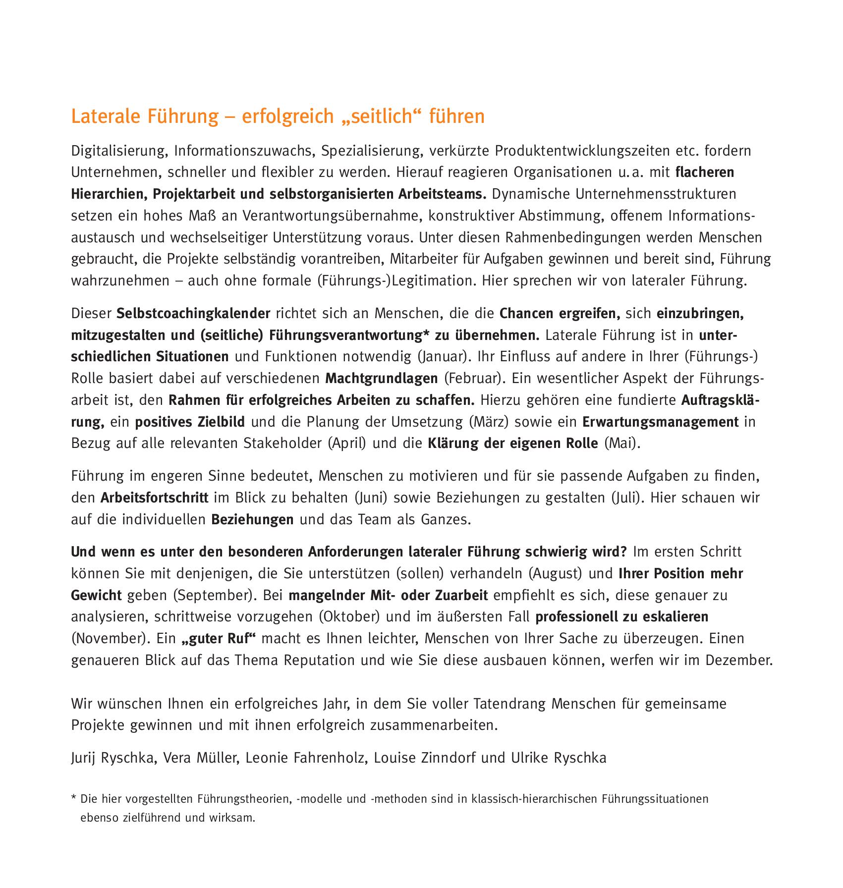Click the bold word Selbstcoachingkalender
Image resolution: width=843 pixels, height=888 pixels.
[x=193, y=314]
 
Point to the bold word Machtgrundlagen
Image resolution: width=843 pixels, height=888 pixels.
[x=382, y=379]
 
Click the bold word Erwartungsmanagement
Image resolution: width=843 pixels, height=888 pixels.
[x=660, y=422]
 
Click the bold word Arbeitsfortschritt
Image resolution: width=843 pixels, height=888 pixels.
[x=154, y=498]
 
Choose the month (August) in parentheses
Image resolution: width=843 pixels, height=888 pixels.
[x=555, y=574]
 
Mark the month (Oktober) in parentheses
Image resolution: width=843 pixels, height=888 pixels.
[x=350, y=617]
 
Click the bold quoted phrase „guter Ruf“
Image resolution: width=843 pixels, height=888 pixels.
[x=219, y=639]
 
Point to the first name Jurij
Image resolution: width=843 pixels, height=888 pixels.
[x=83, y=758]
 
